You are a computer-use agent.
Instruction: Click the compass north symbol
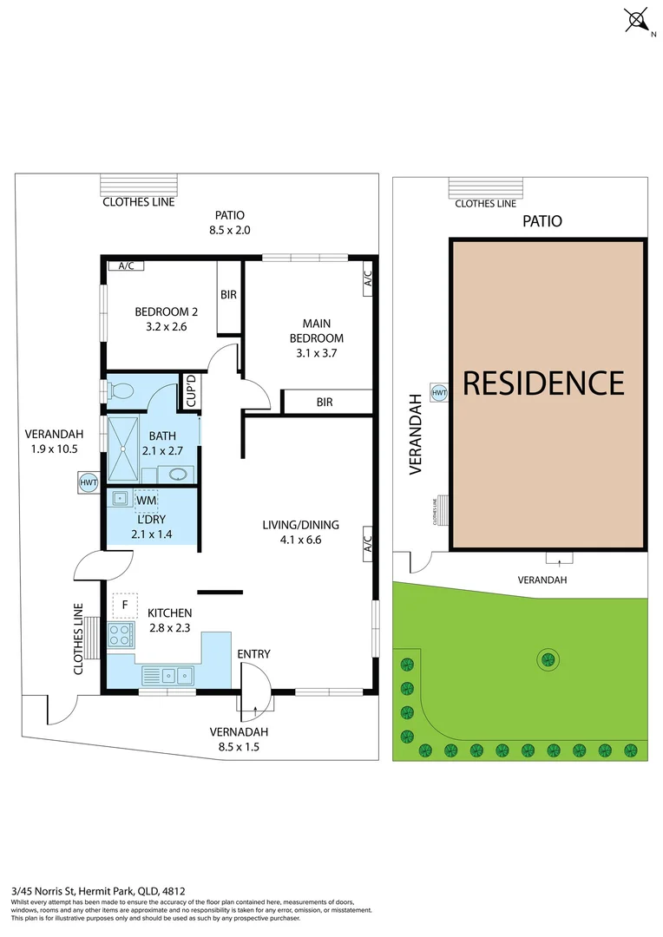click(637, 20)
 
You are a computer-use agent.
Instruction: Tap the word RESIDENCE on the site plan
click(543, 383)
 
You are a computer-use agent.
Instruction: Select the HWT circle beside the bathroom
click(89, 482)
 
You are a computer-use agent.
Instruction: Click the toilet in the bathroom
click(119, 391)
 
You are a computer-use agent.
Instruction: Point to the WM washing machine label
click(147, 501)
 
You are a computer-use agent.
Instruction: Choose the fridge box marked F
click(125, 605)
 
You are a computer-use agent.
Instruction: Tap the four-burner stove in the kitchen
click(121, 634)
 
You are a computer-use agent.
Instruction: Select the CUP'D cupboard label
click(191, 390)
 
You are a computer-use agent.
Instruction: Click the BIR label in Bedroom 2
click(228, 295)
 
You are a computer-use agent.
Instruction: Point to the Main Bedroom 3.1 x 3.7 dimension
click(316, 353)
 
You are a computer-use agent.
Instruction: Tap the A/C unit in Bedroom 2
click(126, 266)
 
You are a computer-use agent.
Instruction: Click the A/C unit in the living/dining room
click(368, 544)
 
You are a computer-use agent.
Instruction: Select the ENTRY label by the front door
click(253, 654)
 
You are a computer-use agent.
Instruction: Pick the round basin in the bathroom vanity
click(178, 475)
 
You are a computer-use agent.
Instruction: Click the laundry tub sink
click(120, 498)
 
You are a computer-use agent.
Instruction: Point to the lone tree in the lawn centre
click(548, 659)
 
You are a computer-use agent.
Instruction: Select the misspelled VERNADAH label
click(239, 731)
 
